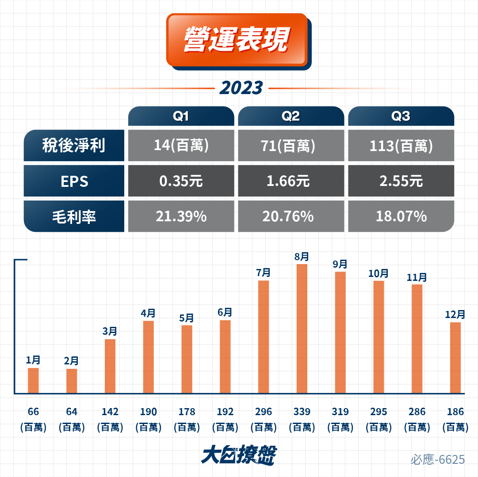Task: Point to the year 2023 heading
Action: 241,88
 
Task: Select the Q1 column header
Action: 181,116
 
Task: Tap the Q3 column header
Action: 401,116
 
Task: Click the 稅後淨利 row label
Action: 74,145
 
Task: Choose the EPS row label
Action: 74,181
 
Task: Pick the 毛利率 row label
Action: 74,216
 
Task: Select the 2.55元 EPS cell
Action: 401,181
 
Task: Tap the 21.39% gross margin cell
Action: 181,216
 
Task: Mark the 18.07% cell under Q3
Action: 401,216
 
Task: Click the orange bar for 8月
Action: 302,329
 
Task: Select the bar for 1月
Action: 33,381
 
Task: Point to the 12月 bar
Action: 455,358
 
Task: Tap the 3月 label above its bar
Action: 110,331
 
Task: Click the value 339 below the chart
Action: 302,412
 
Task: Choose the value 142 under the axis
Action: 110,412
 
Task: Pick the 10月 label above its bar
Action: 379,273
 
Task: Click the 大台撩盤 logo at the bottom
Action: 239,455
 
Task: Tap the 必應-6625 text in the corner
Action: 438,459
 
